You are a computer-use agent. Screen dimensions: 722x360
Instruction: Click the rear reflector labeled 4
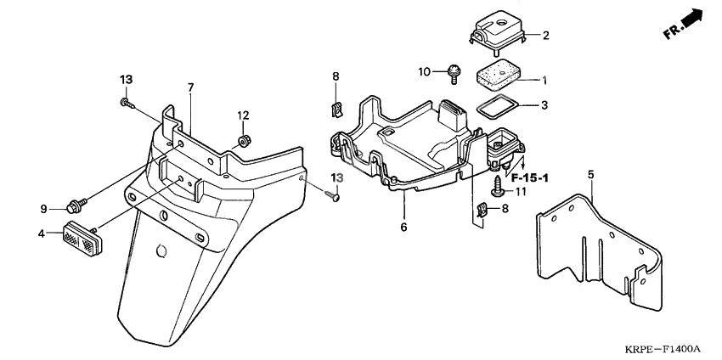click(83, 238)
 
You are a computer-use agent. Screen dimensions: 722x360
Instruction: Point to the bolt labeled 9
click(77, 205)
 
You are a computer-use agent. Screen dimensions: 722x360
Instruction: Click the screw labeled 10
click(453, 74)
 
